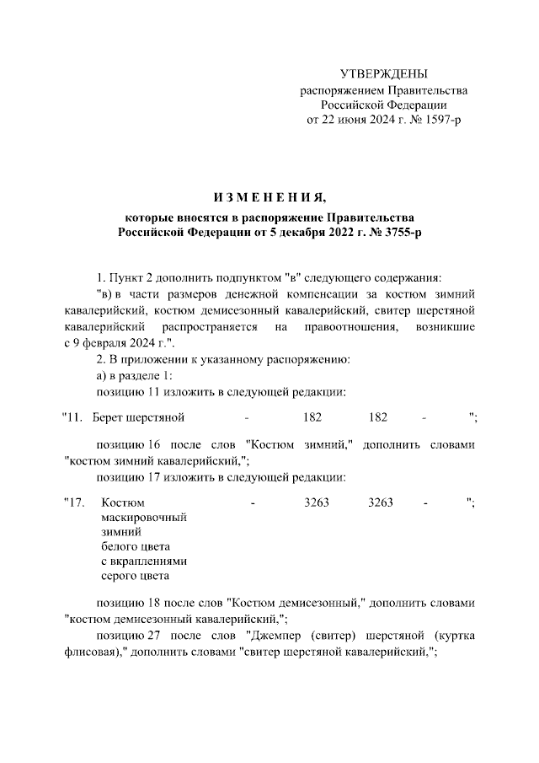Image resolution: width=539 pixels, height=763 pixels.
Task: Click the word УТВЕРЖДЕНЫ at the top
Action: tap(383, 75)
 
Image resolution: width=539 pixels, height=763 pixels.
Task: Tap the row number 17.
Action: tap(77, 503)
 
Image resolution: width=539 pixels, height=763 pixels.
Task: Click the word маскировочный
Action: tap(143, 518)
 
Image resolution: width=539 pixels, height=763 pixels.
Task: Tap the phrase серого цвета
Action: tap(135, 576)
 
